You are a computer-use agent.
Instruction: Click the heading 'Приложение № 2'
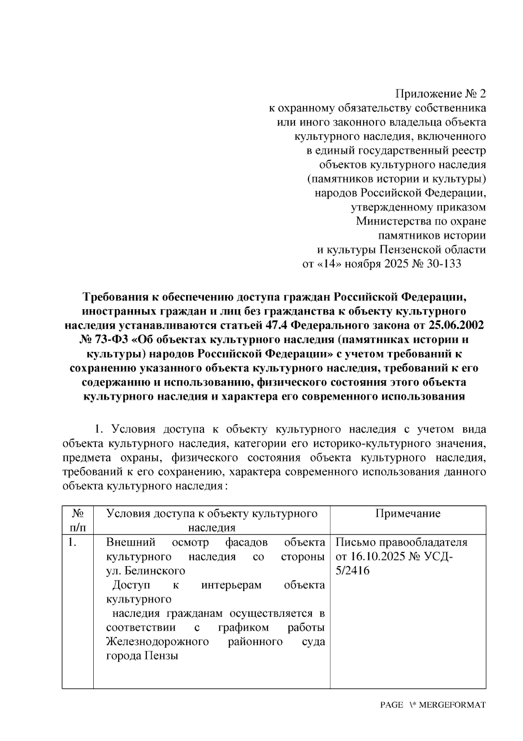(x=440, y=94)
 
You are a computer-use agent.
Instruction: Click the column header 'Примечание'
(x=408, y=513)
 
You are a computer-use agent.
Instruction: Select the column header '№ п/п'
(x=78, y=520)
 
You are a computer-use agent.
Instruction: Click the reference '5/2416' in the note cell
(x=353, y=570)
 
